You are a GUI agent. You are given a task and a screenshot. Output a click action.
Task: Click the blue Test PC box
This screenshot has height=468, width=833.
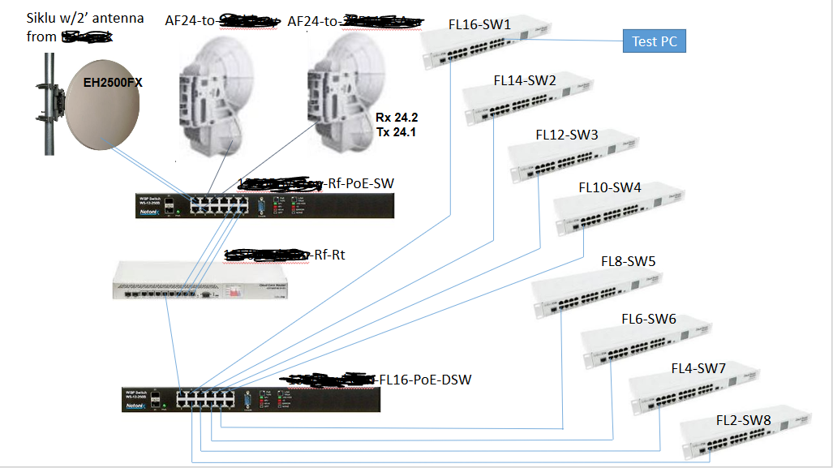[654, 41]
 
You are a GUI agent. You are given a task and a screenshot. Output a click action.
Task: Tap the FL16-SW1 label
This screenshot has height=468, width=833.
[479, 25]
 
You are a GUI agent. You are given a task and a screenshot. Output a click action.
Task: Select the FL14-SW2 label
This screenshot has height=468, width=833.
[525, 80]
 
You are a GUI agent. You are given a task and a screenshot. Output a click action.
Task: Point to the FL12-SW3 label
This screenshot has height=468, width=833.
[567, 135]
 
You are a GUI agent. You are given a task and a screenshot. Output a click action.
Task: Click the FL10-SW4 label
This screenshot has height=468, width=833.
[609, 187]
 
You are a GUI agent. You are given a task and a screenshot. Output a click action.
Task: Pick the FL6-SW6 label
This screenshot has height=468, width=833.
[649, 319]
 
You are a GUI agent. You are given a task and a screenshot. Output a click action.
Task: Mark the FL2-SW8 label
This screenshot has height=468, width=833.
[743, 420]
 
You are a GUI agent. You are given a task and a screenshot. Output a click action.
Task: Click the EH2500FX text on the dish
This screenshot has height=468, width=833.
[113, 82]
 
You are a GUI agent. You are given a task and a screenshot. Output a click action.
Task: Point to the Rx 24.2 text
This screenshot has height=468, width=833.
[396, 117]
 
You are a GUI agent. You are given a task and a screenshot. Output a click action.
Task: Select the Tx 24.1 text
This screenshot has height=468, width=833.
[396, 131]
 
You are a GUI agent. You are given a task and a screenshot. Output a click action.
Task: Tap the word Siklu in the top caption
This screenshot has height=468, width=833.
[43, 18]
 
